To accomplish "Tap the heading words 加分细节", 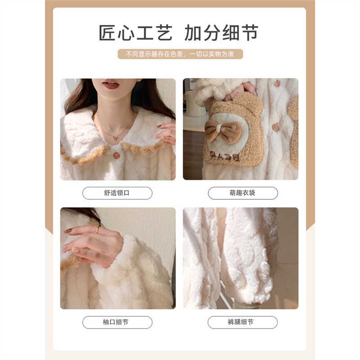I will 221,34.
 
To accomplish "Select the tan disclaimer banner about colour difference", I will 180,54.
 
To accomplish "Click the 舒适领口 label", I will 117,193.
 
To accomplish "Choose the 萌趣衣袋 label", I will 243,193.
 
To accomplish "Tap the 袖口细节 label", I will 117,322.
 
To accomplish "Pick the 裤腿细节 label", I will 243,322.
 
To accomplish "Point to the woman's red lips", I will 111,84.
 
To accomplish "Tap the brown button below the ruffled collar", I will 117,155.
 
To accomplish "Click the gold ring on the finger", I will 97,230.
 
